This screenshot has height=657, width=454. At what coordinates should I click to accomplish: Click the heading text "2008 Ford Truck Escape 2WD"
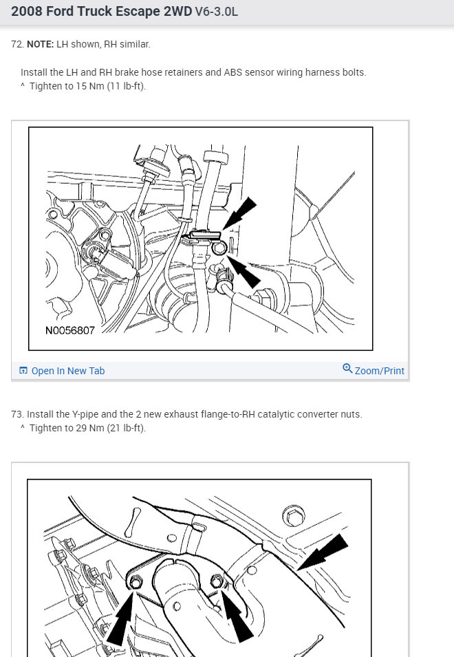click(x=101, y=11)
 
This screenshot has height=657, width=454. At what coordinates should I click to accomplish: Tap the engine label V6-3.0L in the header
click(x=217, y=11)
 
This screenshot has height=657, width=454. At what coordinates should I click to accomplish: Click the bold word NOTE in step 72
click(x=40, y=44)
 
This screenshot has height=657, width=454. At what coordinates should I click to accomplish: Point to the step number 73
click(x=17, y=414)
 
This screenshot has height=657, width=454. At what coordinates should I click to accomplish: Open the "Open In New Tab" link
click(x=62, y=371)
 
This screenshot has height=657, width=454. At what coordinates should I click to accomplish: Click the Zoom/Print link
click(x=380, y=371)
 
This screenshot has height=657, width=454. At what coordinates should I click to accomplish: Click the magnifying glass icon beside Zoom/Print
click(x=347, y=368)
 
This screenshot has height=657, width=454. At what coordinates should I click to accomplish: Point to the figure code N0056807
click(x=70, y=331)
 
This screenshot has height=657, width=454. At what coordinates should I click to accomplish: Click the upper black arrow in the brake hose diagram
click(x=239, y=213)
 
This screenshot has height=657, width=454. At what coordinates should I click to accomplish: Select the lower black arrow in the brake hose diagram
click(x=244, y=272)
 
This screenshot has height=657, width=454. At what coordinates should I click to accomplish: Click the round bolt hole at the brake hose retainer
click(x=219, y=248)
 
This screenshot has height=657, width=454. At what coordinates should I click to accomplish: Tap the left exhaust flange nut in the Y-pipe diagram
click(x=135, y=583)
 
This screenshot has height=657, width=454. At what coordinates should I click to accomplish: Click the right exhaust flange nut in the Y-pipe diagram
click(x=217, y=581)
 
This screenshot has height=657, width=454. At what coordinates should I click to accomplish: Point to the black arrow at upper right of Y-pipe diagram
click(x=323, y=552)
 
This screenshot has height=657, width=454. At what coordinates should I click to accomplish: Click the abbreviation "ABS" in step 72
click(x=233, y=72)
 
